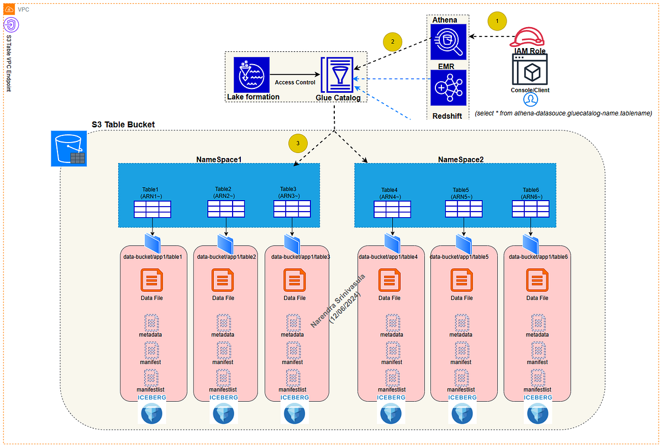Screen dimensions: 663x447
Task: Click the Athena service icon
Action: point(449,42)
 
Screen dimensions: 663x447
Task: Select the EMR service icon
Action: point(449,88)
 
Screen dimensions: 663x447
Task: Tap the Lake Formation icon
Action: point(251,75)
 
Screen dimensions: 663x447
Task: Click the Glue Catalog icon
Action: point(337,75)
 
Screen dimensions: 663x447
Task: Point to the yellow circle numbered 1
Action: point(497,21)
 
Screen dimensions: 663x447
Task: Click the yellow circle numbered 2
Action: point(392,42)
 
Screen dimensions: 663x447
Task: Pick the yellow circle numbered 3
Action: point(298,143)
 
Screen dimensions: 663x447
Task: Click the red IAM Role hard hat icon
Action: point(527,37)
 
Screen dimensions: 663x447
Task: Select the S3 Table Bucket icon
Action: point(69,149)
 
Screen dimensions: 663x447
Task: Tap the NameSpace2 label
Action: point(461,160)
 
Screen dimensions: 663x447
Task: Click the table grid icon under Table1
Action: point(152,209)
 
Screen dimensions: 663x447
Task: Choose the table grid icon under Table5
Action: point(464,209)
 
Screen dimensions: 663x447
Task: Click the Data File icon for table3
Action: point(294,280)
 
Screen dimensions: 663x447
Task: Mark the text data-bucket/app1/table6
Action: point(538,257)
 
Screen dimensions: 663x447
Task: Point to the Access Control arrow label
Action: point(295,82)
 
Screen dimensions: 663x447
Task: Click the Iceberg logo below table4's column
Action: point(391,409)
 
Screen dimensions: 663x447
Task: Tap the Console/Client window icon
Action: point(530,70)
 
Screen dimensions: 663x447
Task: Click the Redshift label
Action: point(447,116)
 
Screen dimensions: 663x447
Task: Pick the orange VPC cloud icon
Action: point(9,9)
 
